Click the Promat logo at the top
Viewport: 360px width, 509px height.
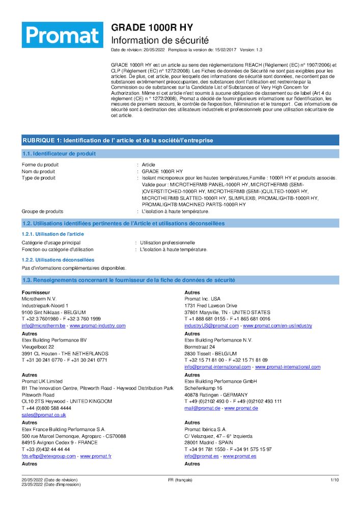[x=63, y=35]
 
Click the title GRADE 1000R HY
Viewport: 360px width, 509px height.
[x=152, y=27]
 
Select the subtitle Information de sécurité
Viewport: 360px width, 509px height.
[x=160, y=40]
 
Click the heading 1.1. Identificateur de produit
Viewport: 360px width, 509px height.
[x=59, y=154]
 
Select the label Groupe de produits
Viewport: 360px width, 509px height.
[x=42, y=211]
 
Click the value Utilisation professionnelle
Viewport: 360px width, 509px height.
[x=167, y=243]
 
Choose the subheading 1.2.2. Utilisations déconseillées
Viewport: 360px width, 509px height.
[x=58, y=260]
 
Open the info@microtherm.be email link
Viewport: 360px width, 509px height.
[x=43, y=325]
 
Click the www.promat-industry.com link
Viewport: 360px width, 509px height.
[x=97, y=325]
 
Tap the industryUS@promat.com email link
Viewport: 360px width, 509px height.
[x=211, y=325]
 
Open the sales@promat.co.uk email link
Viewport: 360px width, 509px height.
[x=44, y=415]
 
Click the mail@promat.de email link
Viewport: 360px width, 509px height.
[x=202, y=408]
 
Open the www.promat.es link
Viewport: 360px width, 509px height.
[x=239, y=456]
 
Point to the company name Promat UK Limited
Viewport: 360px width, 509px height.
[x=42, y=381]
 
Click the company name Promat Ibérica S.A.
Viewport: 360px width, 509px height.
[x=205, y=429]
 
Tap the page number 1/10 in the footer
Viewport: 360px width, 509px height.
[x=335, y=480]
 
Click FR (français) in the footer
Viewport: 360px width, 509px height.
[x=180, y=480]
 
